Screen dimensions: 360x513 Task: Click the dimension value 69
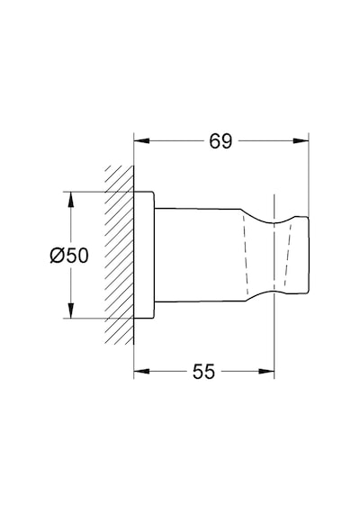(220, 141)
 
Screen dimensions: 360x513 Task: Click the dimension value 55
(204, 372)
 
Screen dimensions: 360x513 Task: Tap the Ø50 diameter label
(69, 256)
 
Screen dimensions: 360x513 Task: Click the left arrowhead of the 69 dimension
(141, 141)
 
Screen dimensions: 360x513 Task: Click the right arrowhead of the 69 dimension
(301, 141)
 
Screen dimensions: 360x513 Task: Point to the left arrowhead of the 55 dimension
(141, 372)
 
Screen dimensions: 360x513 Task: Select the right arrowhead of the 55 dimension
(266, 372)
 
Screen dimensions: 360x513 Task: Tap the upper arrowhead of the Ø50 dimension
(70, 199)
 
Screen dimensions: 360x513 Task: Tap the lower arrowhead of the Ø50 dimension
(70, 310)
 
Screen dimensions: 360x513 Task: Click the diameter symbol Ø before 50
(57, 256)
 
